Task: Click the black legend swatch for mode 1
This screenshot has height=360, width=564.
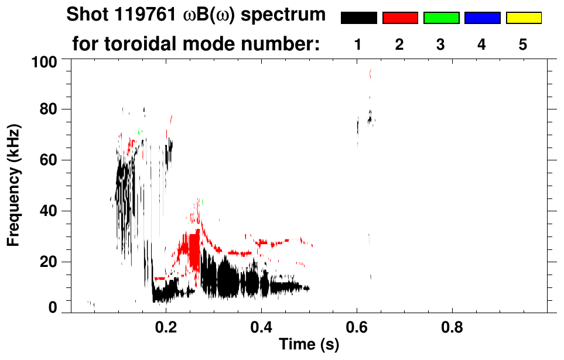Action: (358, 18)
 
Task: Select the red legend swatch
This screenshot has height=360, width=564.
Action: (400, 18)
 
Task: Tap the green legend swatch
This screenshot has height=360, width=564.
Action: (441, 18)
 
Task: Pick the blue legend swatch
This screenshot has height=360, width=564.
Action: (482, 18)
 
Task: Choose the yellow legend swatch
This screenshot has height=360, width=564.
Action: (523, 18)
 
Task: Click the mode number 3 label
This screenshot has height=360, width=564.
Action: (441, 45)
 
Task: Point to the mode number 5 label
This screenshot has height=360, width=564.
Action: (523, 45)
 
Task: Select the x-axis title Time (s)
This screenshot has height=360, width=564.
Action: (309, 345)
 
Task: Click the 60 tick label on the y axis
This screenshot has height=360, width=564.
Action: (49, 160)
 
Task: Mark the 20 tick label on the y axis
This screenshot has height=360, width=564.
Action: (49, 262)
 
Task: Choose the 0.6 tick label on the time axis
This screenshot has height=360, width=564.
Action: (356, 325)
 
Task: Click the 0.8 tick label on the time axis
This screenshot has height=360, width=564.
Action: (452, 325)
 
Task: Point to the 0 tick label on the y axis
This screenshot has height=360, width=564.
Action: (53, 307)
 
